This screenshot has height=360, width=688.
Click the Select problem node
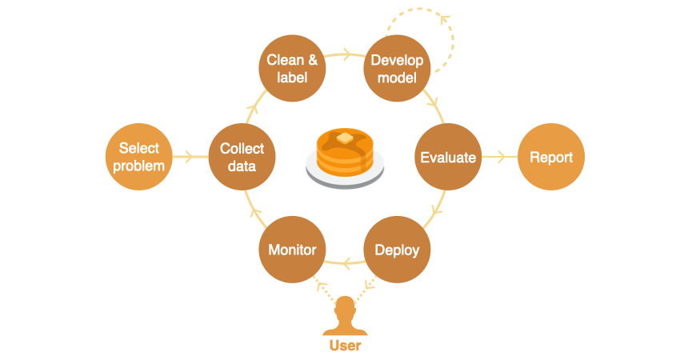click(x=139, y=157)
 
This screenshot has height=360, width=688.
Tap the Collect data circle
click(x=242, y=157)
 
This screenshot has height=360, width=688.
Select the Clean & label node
click(x=293, y=68)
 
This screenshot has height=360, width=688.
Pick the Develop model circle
click(x=397, y=68)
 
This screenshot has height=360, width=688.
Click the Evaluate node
click(x=448, y=157)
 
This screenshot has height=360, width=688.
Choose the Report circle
click(x=551, y=157)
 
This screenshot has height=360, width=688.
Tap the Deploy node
click(x=397, y=250)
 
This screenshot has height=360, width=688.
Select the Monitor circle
click(x=292, y=250)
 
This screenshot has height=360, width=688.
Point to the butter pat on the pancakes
click(x=345, y=138)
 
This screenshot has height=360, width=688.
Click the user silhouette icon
click(x=345, y=317)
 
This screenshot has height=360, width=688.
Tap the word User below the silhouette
click(x=345, y=346)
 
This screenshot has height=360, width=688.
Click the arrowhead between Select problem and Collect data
click(x=190, y=157)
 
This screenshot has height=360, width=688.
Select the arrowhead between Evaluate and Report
click(x=502, y=157)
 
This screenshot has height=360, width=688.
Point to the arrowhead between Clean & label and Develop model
click(x=346, y=55)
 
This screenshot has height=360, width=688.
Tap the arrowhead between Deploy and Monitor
click(x=346, y=262)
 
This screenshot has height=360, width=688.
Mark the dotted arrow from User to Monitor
click(x=324, y=287)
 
